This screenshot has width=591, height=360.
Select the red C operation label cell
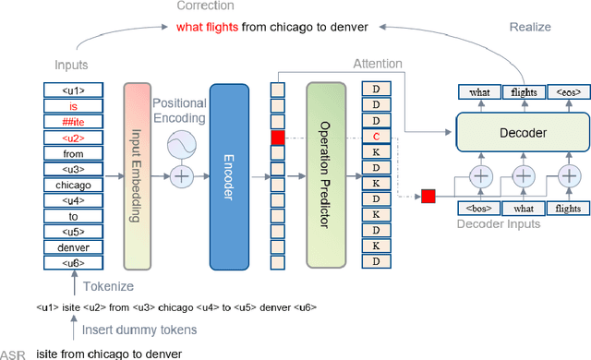376,138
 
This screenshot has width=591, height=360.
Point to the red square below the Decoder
428,195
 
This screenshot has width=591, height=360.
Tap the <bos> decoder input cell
480,209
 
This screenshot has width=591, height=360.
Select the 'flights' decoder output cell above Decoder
522,91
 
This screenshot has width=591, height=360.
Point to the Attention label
379,63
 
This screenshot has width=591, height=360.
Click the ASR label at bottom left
13,354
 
